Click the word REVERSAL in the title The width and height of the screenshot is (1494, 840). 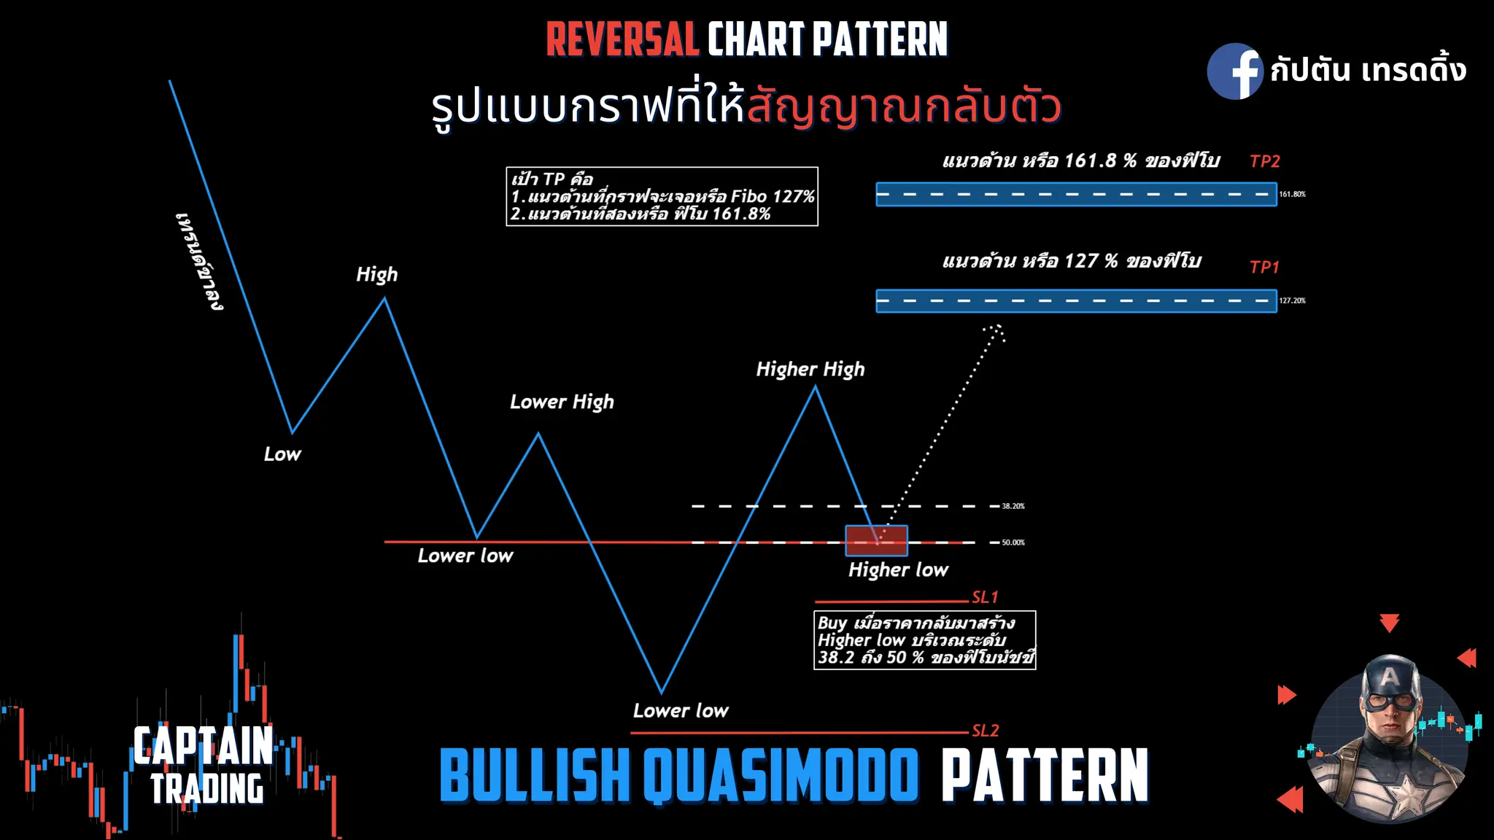(x=622, y=40)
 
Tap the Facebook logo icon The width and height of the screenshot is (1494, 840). (x=1234, y=71)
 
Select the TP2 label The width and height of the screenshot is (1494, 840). (x=1265, y=161)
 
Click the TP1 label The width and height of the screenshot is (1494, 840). (x=1264, y=267)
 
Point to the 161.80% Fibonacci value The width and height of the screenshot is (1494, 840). (x=1292, y=195)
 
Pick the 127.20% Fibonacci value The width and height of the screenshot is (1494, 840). (x=1292, y=300)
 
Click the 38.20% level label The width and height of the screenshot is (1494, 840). (x=1013, y=506)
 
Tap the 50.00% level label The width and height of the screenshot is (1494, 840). (x=1013, y=542)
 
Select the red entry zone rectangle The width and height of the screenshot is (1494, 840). (x=876, y=540)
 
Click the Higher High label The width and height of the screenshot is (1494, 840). (x=810, y=369)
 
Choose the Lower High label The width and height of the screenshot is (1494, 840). (x=562, y=402)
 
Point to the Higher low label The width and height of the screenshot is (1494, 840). (x=898, y=569)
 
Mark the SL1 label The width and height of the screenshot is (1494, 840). (x=985, y=597)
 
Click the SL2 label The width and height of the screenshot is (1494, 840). (x=985, y=731)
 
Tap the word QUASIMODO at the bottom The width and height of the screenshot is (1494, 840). (x=781, y=776)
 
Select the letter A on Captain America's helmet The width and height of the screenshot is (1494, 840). (x=1390, y=677)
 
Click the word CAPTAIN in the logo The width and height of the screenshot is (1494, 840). (x=203, y=746)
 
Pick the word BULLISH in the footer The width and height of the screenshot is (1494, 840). (x=535, y=776)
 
